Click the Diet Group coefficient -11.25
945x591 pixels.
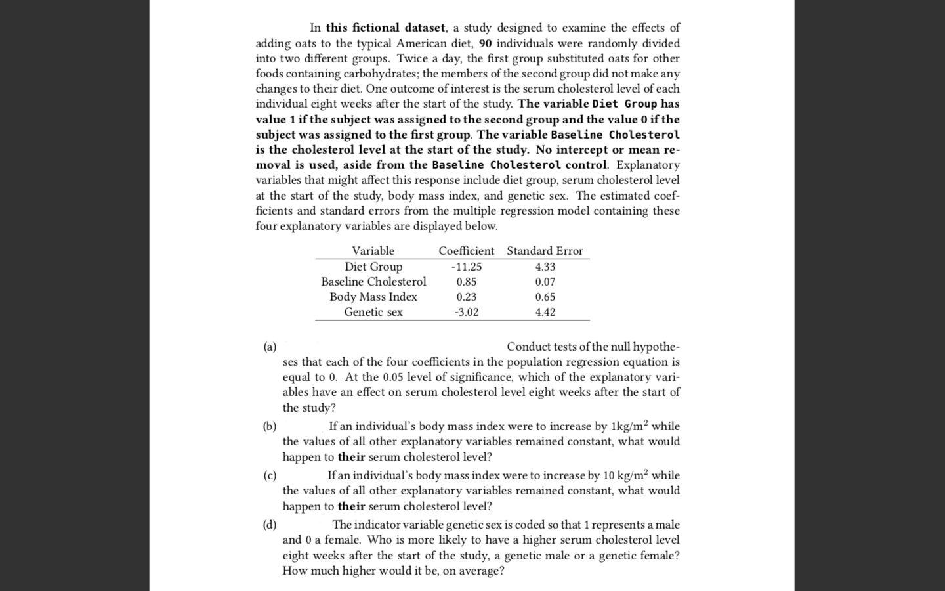pyautogui.click(x=467, y=267)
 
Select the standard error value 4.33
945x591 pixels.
pyautogui.click(x=545, y=267)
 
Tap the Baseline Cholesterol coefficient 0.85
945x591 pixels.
pyautogui.click(x=467, y=282)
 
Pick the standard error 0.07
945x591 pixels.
pyautogui.click(x=545, y=282)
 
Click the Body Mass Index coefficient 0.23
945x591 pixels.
pyautogui.click(x=467, y=297)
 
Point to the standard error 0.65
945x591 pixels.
pyautogui.click(x=545, y=297)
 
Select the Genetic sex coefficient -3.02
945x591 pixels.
pyautogui.click(x=467, y=312)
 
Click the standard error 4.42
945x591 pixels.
pyautogui.click(x=545, y=312)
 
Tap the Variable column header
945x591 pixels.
pyautogui.click(x=373, y=251)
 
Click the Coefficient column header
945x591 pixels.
pyautogui.click(x=466, y=251)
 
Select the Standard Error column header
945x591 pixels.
pyautogui.click(x=545, y=251)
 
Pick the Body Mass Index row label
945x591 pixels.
pyautogui.click(x=373, y=297)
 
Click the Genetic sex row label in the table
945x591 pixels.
pyautogui.click(x=373, y=312)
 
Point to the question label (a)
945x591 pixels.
pyautogui.click(x=270, y=347)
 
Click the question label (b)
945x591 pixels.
pyautogui.click(x=270, y=426)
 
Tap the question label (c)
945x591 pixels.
pyautogui.click(x=270, y=475)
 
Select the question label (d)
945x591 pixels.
pyautogui.click(x=270, y=525)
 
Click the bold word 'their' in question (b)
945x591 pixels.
pyautogui.click(x=351, y=457)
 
